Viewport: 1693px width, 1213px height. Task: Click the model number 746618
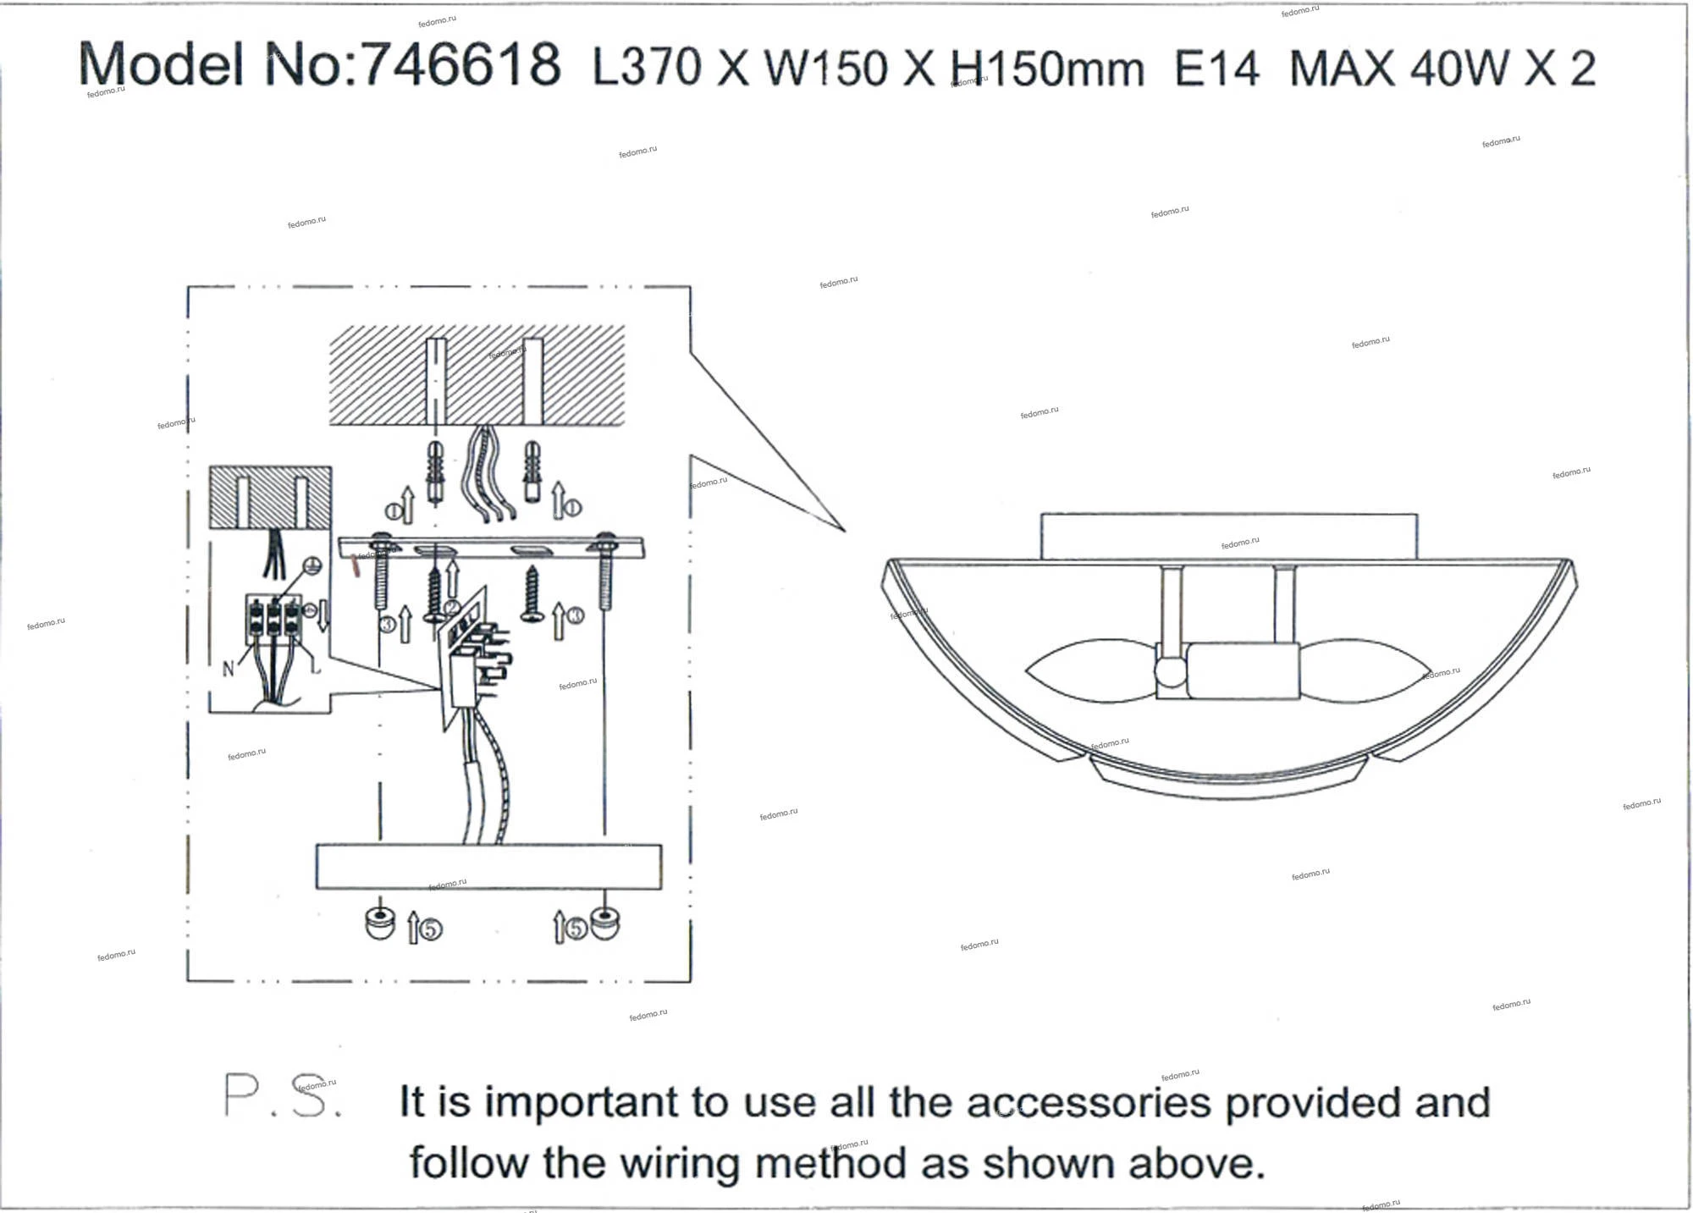pos(461,63)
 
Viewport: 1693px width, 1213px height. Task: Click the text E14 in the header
pos(1217,67)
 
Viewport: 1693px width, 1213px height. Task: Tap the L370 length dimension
pos(647,66)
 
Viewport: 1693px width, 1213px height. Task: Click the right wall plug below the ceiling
pos(532,471)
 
